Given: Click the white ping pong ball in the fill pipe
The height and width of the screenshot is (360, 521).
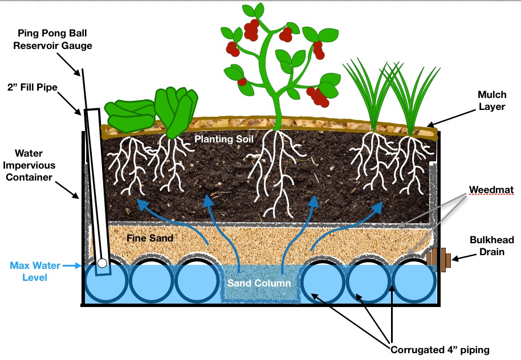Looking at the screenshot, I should [x=102, y=264].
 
